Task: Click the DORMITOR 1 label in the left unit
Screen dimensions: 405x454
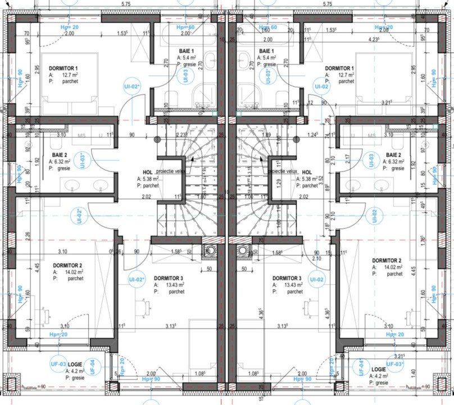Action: tap(63, 67)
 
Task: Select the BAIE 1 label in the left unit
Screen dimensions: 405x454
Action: tap(186, 51)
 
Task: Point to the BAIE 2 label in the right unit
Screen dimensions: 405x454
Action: tap(392, 154)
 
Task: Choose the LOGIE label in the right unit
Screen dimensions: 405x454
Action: tap(379, 370)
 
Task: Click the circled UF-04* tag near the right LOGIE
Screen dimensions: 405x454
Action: tap(357, 364)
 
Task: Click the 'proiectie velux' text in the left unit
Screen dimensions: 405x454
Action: tap(171, 172)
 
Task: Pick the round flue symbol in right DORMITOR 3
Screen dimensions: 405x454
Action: tap(243, 251)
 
